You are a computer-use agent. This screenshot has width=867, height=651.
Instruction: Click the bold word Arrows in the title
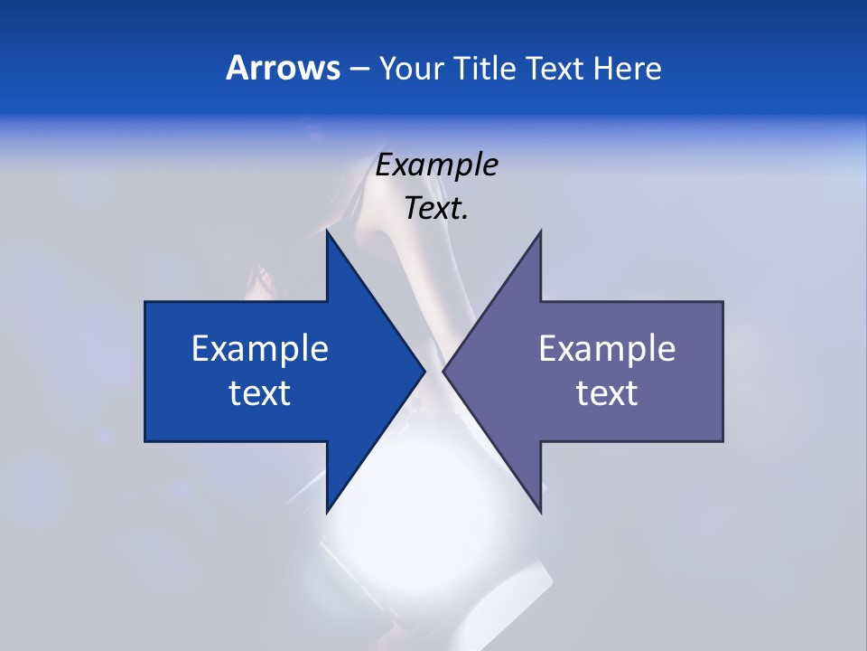click(x=283, y=68)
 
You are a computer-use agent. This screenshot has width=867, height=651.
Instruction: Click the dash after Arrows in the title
click(x=359, y=70)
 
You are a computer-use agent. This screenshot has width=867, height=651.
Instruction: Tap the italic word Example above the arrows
click(x=437, y=165)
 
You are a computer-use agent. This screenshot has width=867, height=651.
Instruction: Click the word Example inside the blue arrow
click(x=260, y=349)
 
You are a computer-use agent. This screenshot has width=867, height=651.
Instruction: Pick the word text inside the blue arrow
click(x=260, y=393)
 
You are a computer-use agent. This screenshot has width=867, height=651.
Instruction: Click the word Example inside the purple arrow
click(x=607, y=349)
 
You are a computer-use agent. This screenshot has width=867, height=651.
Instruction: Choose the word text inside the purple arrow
click(x=607, y=393)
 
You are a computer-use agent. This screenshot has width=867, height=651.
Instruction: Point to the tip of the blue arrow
click(x=424, y=371)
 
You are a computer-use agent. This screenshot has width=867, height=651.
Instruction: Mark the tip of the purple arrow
click(x=443, y=371)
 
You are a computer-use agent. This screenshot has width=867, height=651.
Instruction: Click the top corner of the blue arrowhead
click(x=327, y=232)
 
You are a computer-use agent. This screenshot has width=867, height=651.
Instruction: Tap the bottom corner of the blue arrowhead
click(x=327, y=512)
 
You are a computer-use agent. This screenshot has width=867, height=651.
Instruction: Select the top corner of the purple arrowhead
click(x=540, y=232)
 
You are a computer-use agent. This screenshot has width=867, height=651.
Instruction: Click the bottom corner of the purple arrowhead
click(x=540, y=512)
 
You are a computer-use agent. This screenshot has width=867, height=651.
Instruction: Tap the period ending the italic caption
click(x=464, y=218)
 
